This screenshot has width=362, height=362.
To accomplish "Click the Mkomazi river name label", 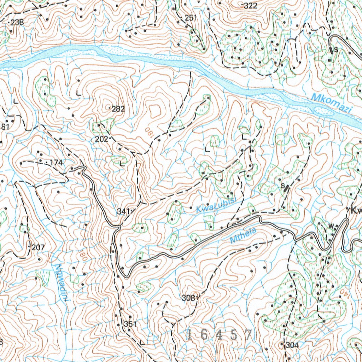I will coord(332,104).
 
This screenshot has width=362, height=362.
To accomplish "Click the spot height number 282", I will coord(118,109).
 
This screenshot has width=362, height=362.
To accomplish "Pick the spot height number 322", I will coord(250,6).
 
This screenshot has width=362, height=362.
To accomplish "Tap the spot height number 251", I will coord(191,18).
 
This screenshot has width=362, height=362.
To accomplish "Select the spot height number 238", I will coord(17,23).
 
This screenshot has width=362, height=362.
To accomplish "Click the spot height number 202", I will coord(101,139).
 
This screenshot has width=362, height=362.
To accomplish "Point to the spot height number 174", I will coord(56,163).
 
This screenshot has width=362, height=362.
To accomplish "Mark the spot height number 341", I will coord(123,211).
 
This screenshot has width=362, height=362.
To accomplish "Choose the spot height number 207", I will coord(38,247).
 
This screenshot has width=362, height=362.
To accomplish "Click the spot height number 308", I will coord(188,298).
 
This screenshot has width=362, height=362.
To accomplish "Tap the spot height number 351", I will coord(130,324).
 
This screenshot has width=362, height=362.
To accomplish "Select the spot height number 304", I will coord(292,345).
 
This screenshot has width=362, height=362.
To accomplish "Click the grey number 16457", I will coord(220,335).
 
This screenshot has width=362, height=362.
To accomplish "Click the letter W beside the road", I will coord(331,226).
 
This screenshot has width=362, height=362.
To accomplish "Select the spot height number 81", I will coord(5,127).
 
